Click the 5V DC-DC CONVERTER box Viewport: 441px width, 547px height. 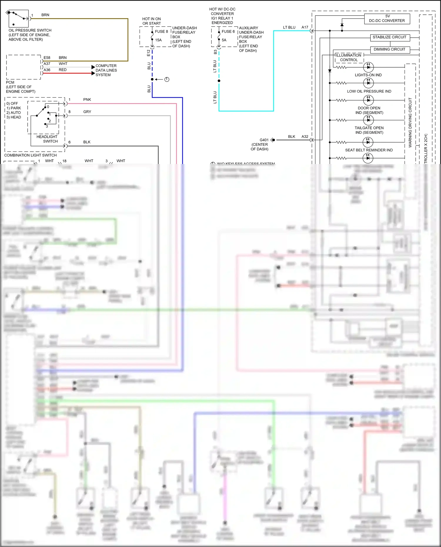click(387, 19)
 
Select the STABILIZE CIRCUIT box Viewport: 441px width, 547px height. click(389, 37)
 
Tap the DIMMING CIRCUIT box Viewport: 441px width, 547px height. click(389, 49)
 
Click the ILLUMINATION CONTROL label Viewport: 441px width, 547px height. click(349, 58)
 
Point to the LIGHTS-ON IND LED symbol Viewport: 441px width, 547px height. click(368, 67)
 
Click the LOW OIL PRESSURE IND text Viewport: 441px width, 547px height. click(369, 91)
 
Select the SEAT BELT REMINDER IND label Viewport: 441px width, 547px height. click(369, 150)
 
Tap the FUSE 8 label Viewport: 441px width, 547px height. click(161, 31)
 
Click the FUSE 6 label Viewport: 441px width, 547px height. click(228, 31)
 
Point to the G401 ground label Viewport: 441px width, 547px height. click(264, 140)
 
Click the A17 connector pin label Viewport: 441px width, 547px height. click(305, 27)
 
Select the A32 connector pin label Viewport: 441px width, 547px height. click(305, 137)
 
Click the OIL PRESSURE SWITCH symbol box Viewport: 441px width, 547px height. click(19, 19)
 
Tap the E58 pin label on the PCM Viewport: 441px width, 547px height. click(47, 58)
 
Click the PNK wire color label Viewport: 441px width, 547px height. click(87, 100)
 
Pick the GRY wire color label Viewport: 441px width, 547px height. click(87, 112)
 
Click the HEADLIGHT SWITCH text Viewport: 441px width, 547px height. click(47, 139)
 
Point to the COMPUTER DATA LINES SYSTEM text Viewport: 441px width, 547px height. click(106, 70)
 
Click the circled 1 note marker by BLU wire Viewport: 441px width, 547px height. click(167, 79)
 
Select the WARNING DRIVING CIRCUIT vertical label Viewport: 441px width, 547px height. click(410, 122)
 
